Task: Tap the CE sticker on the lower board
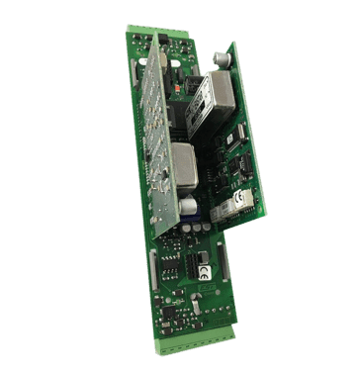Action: [x=203, y=268]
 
